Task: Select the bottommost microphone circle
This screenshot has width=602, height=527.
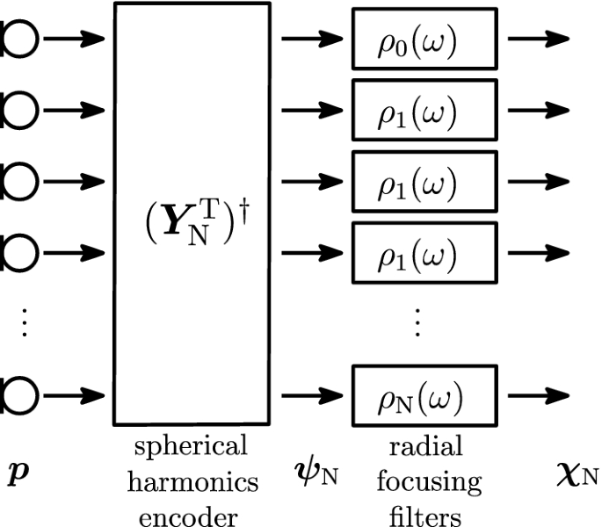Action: [x=16, y=395]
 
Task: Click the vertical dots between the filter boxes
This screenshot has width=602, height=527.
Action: [x=417, y=325]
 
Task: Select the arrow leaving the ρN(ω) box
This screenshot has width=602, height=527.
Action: [x=538, y=395]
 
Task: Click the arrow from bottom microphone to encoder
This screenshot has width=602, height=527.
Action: [x=75, y=395]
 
